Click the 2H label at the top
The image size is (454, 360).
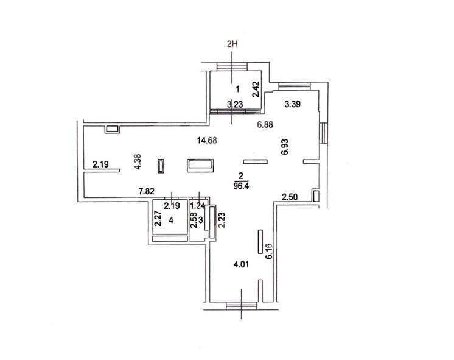pyautogui.click(x=232, y=44)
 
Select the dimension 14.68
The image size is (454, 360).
pyautogui.click(x=207, y=141)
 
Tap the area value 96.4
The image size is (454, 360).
pyautogui.click(x=241, y=186)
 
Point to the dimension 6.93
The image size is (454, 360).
pyautogui.click(x=285, y=147)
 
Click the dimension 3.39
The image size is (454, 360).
pyautogui.click(x=293, y=104)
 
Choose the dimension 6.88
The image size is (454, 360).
pyautogui.click(x=265, y=125)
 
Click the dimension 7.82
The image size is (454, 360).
pyautogui.click(x=147, y=191)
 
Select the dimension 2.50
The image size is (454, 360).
pyautogui.click(x=290, y=197)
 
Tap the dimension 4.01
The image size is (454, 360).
pyautogui.click(x=241, y=264)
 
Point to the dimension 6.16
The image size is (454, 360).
pyautogui.click(x=269, y=252)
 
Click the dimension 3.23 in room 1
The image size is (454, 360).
pyautogui.click(x=235, y=104)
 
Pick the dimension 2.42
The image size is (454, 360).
pyautogui.click(x=256, y=90)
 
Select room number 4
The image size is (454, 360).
pyautogui.click(x=171, y=221)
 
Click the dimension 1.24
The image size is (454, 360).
pyautogui.click(x=197, y=206)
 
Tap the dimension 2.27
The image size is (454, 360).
pyautogui.click(x=158, y=218)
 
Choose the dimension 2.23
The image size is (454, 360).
pyautogui.click(x=222, y=220)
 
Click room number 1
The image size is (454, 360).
pyautogui.click(x=238, y=89)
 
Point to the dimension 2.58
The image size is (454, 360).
pyautogui.click(x=194, y=221)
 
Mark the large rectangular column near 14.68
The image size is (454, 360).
pyautogui.click(x=200, y=166)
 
